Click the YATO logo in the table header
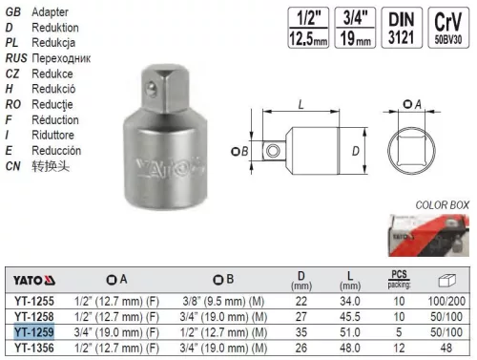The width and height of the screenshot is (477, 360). tap(34, 280)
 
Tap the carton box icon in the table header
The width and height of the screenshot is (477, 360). tap(444, 280)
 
